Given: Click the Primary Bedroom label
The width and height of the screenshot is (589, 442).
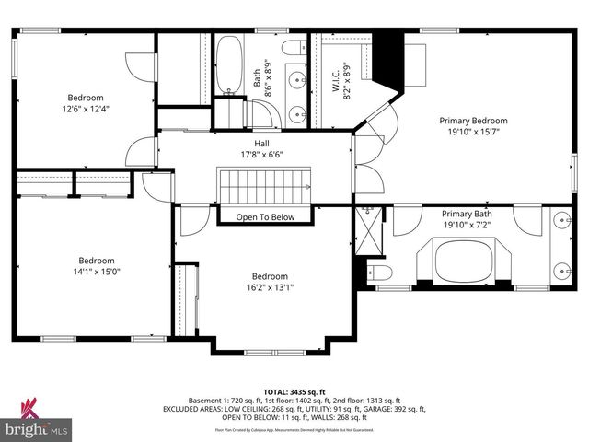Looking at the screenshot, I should click(x=473, y=121).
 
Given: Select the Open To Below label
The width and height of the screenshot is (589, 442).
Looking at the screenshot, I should click(x=265, y=217).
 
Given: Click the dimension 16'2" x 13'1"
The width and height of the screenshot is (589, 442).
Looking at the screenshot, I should click(x=271, y=287).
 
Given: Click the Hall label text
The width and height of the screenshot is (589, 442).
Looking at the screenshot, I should click(x=262, y=143).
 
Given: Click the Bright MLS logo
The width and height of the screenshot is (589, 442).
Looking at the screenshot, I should click(x=37, y=425).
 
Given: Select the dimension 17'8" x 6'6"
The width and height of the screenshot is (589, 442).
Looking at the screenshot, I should click(x=262, y=154).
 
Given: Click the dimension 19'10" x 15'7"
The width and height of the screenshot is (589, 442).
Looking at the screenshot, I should click(x=473, y=132).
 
